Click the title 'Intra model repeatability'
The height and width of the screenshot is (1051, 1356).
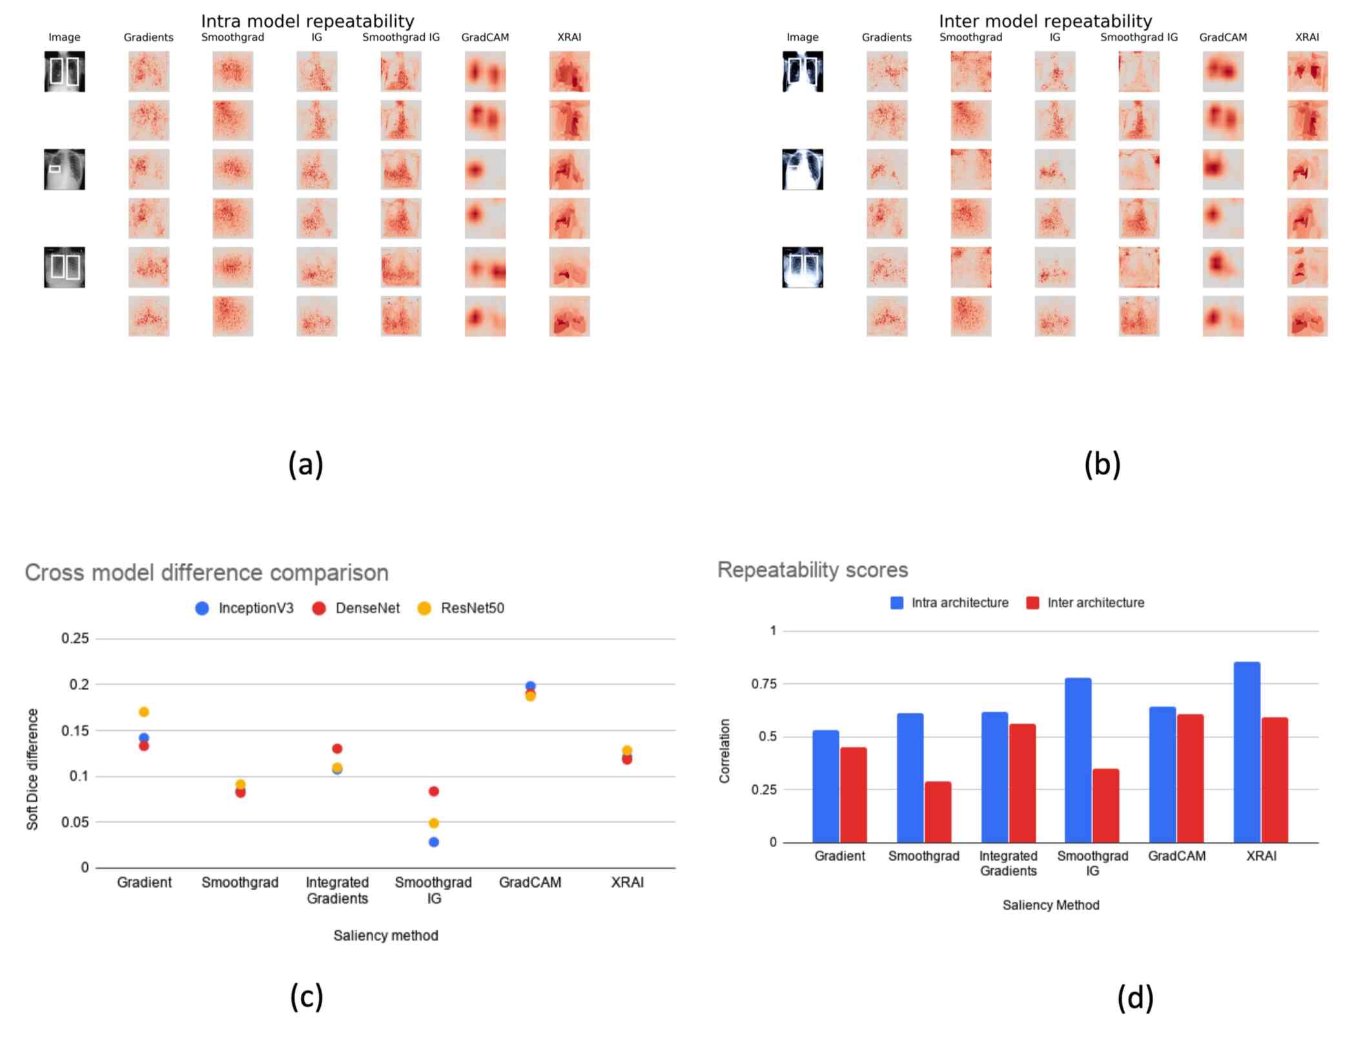[307, 21]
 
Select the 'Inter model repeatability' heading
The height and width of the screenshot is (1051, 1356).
[1045, 21]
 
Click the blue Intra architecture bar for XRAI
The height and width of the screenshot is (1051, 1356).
[1246, 752]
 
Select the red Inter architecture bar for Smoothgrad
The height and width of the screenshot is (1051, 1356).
[937, 811]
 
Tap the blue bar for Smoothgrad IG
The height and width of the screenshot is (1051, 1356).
[1078, 760]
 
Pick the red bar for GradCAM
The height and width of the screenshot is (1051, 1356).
[1189, 778]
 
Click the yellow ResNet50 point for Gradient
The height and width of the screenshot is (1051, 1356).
[144, 711]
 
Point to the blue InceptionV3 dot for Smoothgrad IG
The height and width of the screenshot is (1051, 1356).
[434, 842]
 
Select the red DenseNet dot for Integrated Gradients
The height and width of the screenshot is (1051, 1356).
[337, 748]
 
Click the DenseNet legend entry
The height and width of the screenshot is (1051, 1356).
[356, 608]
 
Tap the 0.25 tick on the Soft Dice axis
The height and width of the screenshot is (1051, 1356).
[75, 638]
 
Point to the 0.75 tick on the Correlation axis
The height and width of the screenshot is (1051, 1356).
[763, 684]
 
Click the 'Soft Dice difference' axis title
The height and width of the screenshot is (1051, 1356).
[32, 768]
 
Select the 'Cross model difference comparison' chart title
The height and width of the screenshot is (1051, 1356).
[207, 573]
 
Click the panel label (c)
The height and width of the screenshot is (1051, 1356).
[306, 997]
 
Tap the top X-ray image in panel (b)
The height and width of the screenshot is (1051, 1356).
[802, 71]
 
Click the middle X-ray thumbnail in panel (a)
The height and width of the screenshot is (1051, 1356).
[64, 169]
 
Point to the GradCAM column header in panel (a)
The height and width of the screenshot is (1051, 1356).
[484, 37]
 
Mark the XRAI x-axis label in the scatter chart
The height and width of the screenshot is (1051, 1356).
[627, 882]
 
